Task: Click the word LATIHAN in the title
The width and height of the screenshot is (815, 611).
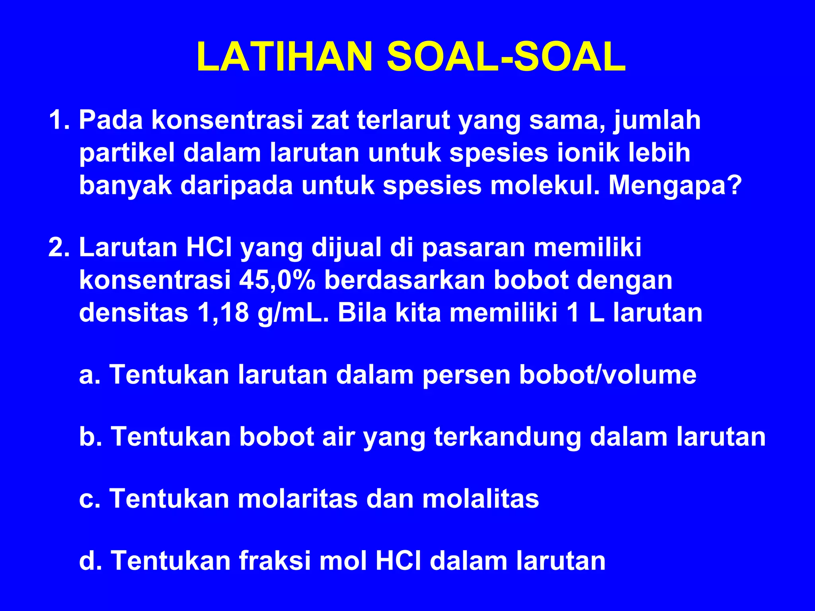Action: (284, 57)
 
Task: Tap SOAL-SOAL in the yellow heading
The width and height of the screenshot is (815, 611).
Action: (506, 57)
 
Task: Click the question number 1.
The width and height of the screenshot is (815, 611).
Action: (57, 120)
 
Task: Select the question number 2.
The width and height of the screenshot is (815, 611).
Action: (57, 247)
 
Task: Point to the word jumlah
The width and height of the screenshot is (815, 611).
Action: (657, 120)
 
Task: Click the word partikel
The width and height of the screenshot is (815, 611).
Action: (127, 153)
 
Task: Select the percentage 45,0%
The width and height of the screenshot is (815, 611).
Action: (277, 280)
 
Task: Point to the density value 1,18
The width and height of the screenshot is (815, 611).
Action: (222, 313)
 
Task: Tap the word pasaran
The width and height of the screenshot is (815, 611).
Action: (473, 247)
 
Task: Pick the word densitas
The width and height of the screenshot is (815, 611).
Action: (133, 313)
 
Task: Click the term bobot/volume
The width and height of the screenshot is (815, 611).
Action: (608, 375)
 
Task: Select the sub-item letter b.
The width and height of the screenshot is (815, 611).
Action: (88, 437)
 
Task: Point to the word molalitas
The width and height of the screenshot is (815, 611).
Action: (481, 499)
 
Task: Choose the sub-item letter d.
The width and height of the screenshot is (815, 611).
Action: (88, 561)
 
